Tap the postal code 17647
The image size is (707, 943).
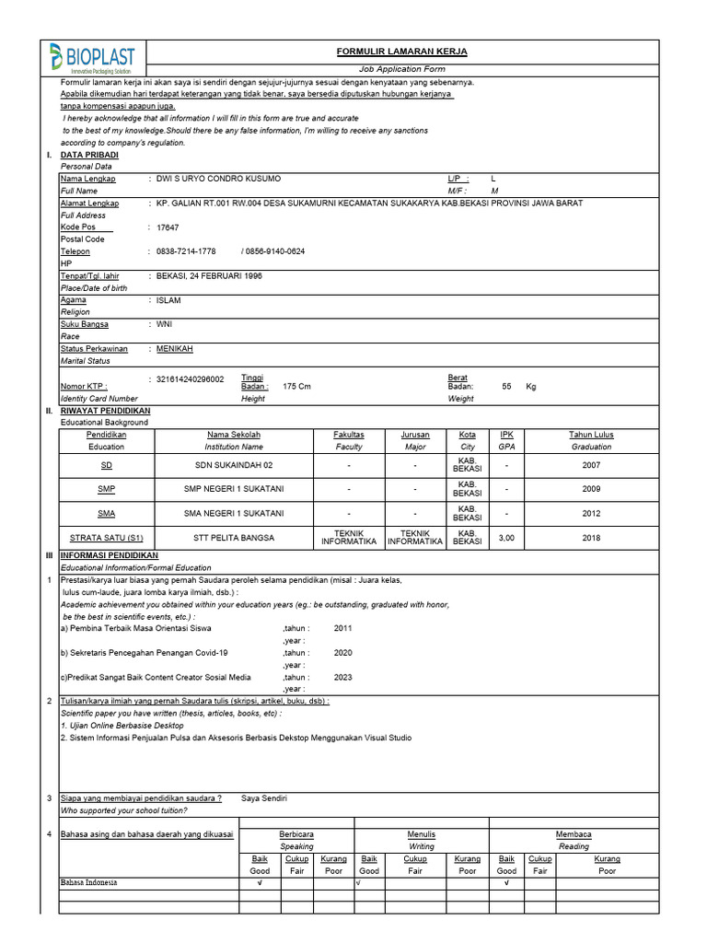click(x=168, y=227)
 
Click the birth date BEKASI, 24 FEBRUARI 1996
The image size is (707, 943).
click(x=209, y=275)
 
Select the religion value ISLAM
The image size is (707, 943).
click(x=168, y=300)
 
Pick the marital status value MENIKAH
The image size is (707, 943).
click(x=175, y=349)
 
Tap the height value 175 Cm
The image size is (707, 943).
click(x=296, y=387)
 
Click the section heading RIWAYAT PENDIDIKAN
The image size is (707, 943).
click(x=105, y=411)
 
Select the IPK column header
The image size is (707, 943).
click(x=506, y=435)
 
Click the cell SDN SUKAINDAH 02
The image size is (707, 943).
click(x=234, y=466)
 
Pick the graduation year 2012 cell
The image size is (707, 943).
click(x=591, y=513)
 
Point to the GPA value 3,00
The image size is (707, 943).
click(x=506, y=537)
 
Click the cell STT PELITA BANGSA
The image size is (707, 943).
click(x=234, y=537)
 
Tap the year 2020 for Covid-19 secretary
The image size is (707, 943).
click(x=342, y=652)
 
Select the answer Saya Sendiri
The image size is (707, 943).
click(x=264, y=798)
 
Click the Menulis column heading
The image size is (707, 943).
click(x=422, y=834)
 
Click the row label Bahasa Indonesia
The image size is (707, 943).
click(x=89, y=882)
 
